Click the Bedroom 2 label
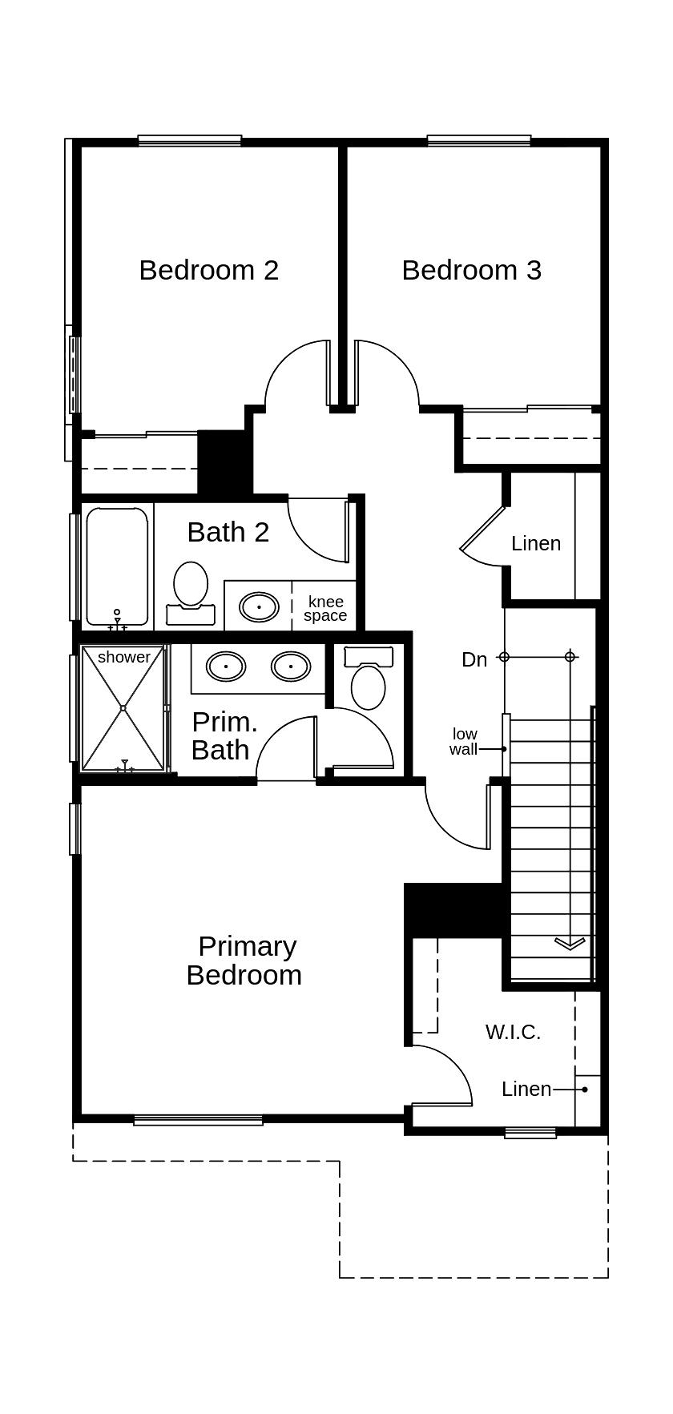click(x=208, y=270)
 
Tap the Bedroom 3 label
click(x=471, y=270)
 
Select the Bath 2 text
click(x=228, y=532)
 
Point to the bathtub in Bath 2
click(x=117, y=565)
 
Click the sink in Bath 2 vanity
click(x=260, y=606)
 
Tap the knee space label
click(x=325, y=609)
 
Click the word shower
click(x=123, y=657)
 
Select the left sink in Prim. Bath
click(x=226, y=666)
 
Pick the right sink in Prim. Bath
click(x=290, y=666)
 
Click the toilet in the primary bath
click(x=369, y=681)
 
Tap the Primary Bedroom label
click(x=244, y=961)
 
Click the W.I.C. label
click(x=513, y=1032)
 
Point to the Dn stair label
click(x=474, y=659)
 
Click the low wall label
click(x=464, y=741)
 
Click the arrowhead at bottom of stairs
click(x=570, y=944)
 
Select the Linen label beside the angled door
click(x=536, y=543)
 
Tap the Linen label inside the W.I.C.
click(x=526, y=1089)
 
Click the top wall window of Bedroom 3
click(x=478, y=141)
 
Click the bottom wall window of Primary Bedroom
click(x=198, y=1120)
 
